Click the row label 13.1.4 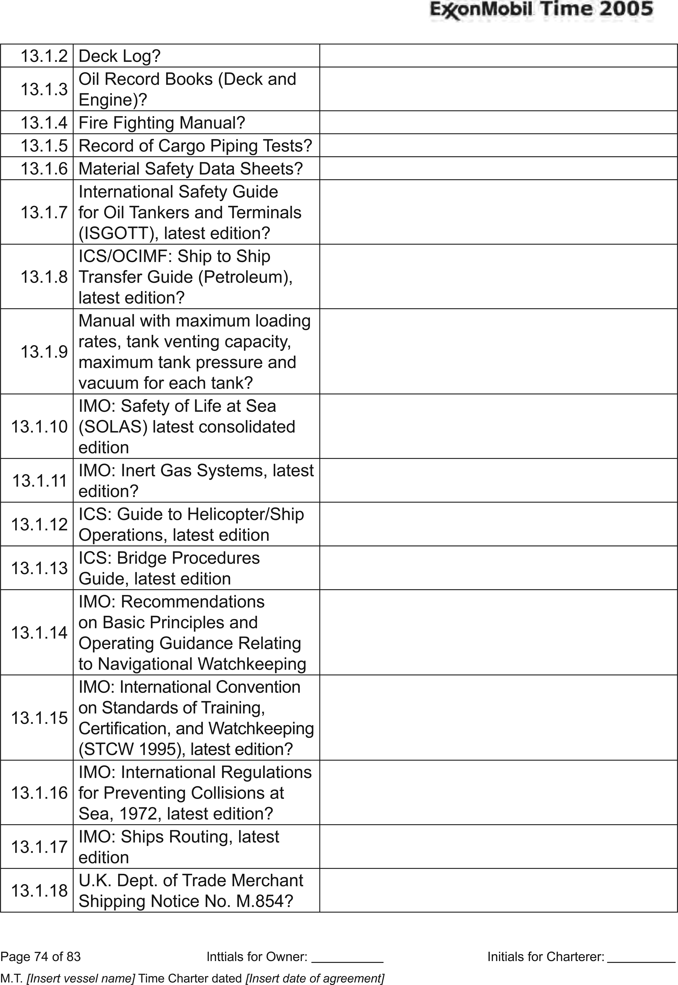44,123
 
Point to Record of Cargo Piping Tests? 195,146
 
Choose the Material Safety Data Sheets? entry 190,169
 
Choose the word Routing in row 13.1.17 200,837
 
